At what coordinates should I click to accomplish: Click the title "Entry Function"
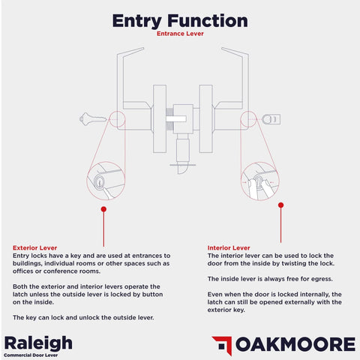(x=180, y=19)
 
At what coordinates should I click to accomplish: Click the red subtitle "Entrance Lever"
(x=180, y=34)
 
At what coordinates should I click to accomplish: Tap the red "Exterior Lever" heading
(x=34, y=248)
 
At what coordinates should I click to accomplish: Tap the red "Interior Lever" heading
(x=229, y=248)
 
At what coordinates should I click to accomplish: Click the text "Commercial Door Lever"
(x=34, y=355)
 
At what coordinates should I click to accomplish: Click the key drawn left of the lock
(x=91, y=118)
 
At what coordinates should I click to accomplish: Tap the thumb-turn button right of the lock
(x=272, y=118)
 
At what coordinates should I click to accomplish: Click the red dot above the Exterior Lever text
(x=102, y=210)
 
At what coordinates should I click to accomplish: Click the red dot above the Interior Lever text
(x=280, y=204)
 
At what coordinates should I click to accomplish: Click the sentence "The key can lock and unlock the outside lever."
(x=83, y=317)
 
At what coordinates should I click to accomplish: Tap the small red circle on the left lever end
(x=116, y=118)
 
